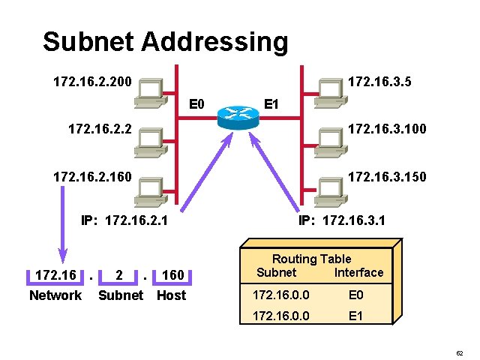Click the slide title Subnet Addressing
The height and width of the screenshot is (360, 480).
point(165,41)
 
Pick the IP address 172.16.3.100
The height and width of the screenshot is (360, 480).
point(387,129)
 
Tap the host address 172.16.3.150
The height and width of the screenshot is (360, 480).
point(387,177)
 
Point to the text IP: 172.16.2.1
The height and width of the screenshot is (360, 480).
point(124,221)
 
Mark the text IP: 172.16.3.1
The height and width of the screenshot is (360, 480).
point(342,221)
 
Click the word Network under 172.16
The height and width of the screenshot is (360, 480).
point(55,295)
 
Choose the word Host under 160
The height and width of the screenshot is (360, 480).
point(171,295)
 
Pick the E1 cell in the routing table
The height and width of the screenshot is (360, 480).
point(356,316)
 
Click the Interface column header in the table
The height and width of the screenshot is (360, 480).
point(358,272)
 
